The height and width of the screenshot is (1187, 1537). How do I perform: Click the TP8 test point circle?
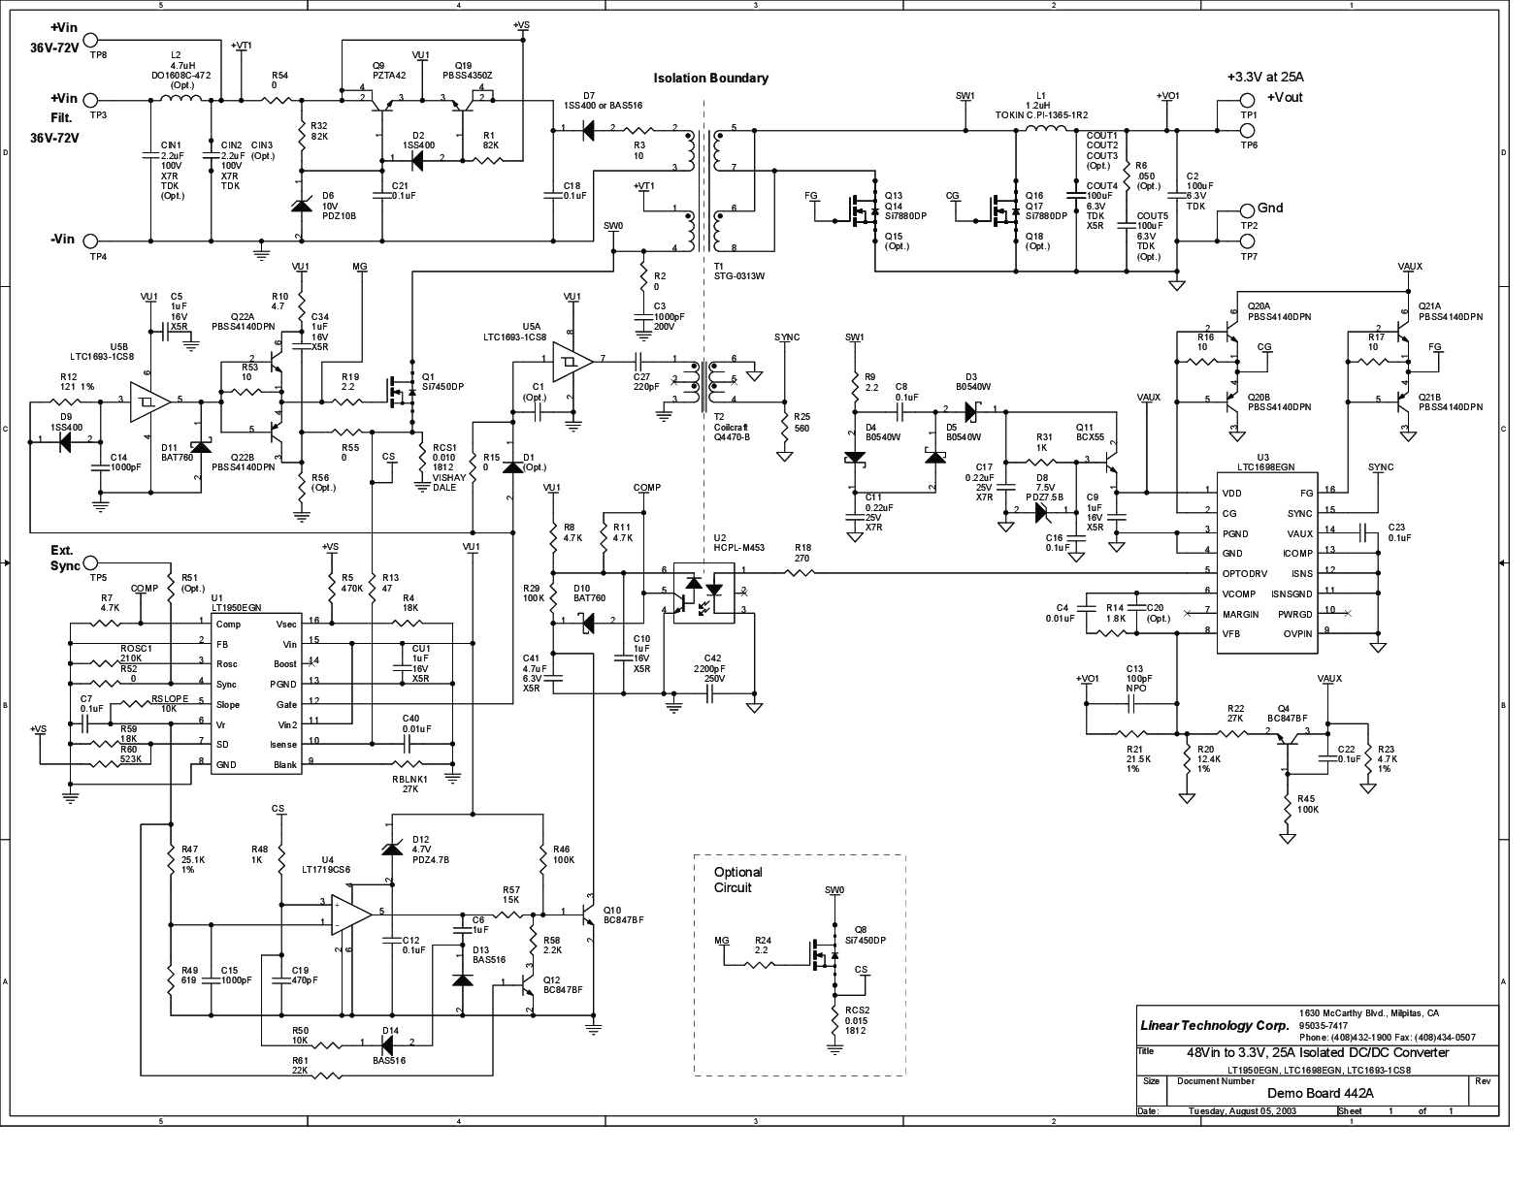coord(91,40)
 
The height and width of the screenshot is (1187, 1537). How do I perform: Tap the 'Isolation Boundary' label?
coord(710,79)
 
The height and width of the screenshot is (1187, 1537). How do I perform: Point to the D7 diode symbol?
coord(588,129)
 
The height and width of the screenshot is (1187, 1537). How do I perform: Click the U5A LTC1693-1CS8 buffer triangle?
coord(572,362)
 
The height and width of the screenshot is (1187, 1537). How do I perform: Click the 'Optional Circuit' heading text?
coord(738,880)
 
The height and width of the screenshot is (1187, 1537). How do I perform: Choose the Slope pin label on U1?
coord(228,704)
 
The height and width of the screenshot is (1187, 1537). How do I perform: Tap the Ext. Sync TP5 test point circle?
coord(91,562)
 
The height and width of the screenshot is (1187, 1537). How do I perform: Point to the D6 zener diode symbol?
coord(301,206)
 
